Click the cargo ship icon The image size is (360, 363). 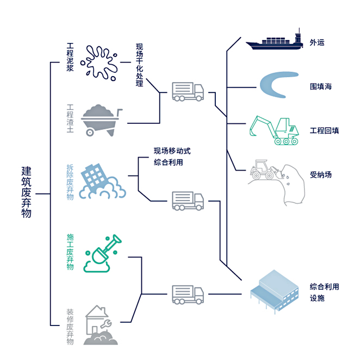(274, 42)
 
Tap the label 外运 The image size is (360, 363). (317, 42)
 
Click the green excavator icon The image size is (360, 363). (274, 129)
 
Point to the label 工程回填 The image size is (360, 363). (325, 130)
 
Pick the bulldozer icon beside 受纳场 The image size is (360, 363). (266, 170)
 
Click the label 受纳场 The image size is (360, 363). (321, 174)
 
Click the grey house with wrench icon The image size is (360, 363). (101, 325)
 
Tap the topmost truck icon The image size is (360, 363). (188, 91)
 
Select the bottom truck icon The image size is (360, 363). (188, 295)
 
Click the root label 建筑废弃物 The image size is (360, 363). (26, 192)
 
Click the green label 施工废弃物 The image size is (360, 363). (70, 252)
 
